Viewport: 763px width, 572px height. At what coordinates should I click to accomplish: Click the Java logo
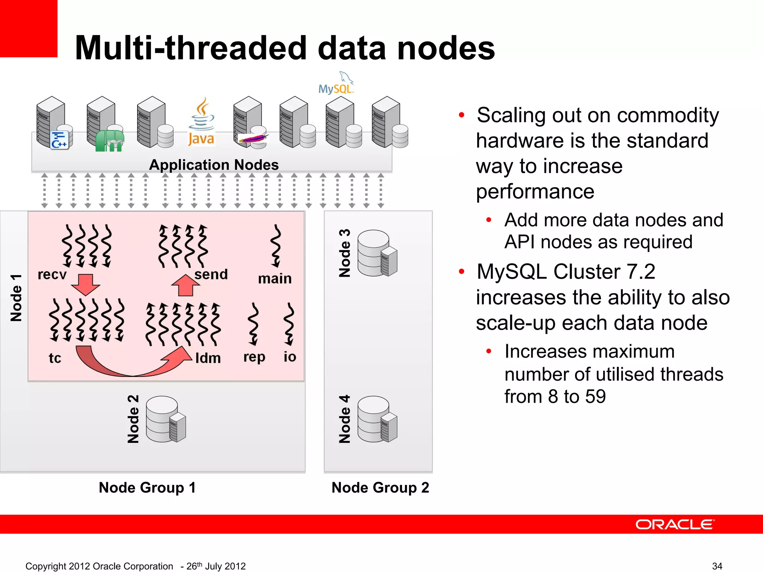(x=201, y=123)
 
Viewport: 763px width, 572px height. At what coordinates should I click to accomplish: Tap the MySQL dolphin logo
(x=336, y=83)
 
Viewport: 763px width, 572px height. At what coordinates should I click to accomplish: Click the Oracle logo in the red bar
(x=675, y=524)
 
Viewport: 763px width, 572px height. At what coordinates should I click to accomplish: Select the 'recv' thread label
(x=52, y=274)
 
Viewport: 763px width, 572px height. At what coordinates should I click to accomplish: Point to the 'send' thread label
(x=211, y=274)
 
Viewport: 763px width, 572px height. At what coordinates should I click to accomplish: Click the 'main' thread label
(x=275, y=279)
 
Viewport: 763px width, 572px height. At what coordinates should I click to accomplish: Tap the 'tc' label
(x=55, y=358)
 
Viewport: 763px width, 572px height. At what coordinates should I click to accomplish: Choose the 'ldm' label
(x=208, y=358)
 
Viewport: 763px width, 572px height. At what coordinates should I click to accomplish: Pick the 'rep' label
(x=254, y=357)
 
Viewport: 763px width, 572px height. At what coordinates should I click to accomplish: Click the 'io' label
(x=290, y=357)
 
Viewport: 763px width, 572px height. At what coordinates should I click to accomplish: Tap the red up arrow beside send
(x=185, y=285)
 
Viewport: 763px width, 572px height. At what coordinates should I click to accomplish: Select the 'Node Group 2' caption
(x=380, y=487)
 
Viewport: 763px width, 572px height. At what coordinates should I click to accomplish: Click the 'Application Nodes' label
(x=214, y=165)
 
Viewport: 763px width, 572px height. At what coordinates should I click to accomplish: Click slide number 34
(x=717, y=566)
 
